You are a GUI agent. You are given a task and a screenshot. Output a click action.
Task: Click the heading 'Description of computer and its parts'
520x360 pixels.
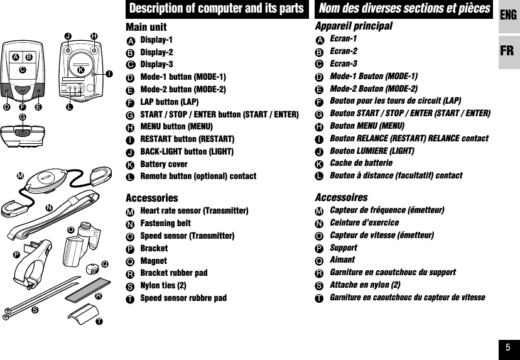[x=216, y=9]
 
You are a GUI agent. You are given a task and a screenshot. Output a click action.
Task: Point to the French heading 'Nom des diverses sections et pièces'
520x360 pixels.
[x=404, y=9]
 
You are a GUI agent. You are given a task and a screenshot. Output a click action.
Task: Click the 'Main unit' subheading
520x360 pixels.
[x=146, y=27]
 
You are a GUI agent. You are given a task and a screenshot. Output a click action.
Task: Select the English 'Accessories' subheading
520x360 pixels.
[x=151, y=198]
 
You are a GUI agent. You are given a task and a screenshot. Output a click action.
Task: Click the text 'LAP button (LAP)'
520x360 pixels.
[x=170, y=102]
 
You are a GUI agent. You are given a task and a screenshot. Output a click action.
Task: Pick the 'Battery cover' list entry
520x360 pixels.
[x=163, y=164]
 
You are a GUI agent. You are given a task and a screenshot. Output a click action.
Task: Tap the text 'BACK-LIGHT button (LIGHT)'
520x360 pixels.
[x=187, y=151]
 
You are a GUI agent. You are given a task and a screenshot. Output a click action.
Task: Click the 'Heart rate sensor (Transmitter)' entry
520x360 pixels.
[x=194, y=210]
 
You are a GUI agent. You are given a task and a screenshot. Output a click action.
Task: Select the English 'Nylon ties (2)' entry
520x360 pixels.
[x=163, y=285]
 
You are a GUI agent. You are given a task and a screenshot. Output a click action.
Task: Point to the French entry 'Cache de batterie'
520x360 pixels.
[x=361, y=163]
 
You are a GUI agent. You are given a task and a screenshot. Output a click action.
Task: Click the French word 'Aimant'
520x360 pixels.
[x=342, y=259]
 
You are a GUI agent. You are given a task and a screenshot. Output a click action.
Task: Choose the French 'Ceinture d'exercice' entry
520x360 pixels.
[x=364, y=222]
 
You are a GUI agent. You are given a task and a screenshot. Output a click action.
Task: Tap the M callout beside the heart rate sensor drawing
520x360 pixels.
[x=20, y=174]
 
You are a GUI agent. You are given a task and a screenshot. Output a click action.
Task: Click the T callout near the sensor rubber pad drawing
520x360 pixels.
[x=99, y=322]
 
